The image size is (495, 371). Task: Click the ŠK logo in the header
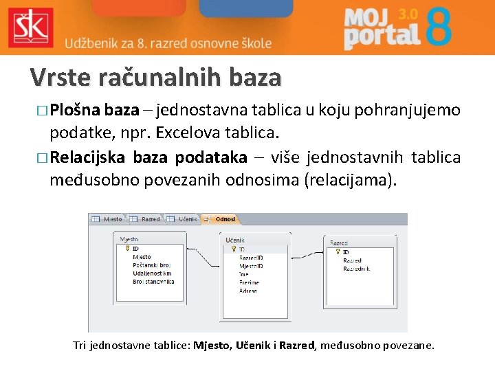(30, 27)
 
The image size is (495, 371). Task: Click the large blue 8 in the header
(438, 27)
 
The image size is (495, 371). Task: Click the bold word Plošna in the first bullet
(76, 110)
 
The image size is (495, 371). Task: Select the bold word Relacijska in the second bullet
(87, 158)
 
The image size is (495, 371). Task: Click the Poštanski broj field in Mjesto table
(152, 265)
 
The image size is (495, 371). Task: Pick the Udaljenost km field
(152, 273)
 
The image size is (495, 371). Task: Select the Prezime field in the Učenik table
(250, 282)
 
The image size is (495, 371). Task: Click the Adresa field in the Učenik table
(249, 291)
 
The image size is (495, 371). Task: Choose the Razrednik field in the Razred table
(356, 269)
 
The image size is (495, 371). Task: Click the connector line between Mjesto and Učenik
(204, 261)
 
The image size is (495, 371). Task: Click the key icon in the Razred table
(337, 252)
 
